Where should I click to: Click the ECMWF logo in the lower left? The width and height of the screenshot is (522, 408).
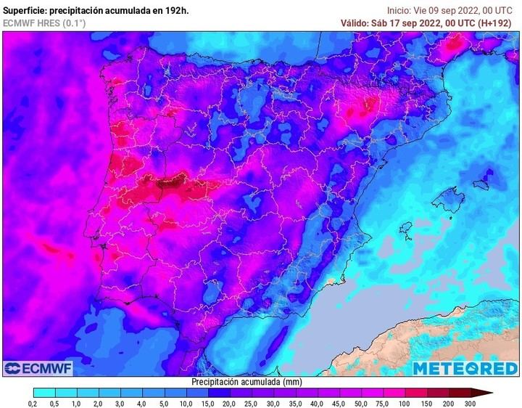38,369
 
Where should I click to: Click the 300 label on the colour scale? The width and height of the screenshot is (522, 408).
471,403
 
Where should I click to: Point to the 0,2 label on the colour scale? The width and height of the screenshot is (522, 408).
33,403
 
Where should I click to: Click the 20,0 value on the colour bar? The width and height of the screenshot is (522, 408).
229,403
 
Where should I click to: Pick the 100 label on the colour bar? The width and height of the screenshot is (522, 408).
405,403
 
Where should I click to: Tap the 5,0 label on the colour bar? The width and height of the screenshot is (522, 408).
164,403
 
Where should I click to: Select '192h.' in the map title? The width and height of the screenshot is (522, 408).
176,10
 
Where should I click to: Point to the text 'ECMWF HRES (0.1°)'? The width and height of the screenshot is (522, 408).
43,23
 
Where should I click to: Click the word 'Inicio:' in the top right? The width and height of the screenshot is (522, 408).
401,10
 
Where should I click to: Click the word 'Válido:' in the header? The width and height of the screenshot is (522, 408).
357,23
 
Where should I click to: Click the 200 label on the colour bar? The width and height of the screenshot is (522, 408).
448,403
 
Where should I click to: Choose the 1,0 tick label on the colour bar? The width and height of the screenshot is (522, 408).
76,403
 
